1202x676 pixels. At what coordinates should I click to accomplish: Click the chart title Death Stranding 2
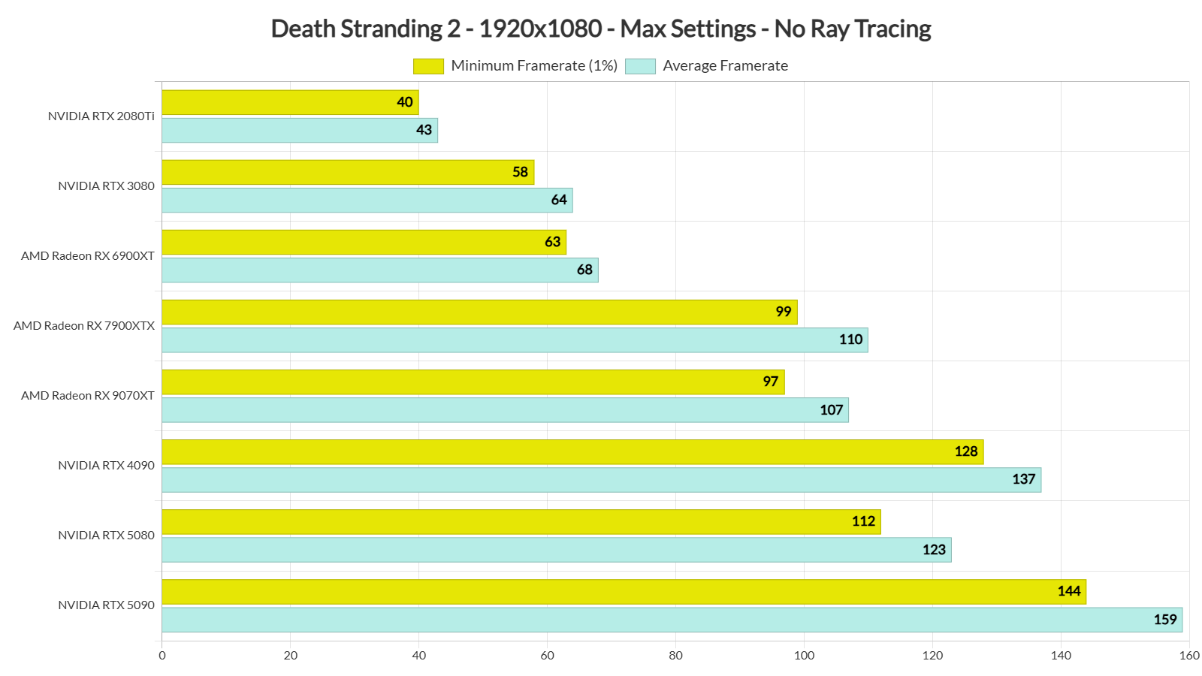pos(600,29)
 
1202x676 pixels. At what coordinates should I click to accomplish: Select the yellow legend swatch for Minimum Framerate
pos(428,66)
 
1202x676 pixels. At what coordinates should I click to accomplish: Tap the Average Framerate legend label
pos(725,66)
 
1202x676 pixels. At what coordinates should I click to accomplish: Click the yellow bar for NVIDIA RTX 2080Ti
pos(289,102)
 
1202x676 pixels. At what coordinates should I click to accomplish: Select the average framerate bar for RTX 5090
pos(672,620)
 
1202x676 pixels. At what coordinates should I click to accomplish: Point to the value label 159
pos(1164,620)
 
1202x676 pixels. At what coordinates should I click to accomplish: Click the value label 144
pos(1068,591)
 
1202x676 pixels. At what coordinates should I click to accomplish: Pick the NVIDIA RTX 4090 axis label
pos(106,466)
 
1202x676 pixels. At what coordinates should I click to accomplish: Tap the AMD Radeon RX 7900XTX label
pos(84,326)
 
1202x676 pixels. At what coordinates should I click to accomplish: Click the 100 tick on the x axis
pos(804,656)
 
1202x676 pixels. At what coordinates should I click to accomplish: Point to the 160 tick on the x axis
pos(1188,656)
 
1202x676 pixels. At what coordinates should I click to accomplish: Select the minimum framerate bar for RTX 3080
pos(347,172)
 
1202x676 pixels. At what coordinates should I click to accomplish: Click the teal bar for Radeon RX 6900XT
pos(379,270)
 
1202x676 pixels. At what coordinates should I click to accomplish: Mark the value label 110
pos(850,340)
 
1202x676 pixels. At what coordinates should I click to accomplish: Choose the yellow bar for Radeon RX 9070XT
pos(473,382)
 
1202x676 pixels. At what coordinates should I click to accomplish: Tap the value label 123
pos(934,550)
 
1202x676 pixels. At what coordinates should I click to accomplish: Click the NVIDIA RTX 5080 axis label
pos(106,536)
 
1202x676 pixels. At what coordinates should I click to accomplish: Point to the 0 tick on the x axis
pos(162,656)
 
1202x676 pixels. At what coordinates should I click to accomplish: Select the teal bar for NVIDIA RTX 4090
pos(601,480)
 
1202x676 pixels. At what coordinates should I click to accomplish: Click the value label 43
pos(424,130)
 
